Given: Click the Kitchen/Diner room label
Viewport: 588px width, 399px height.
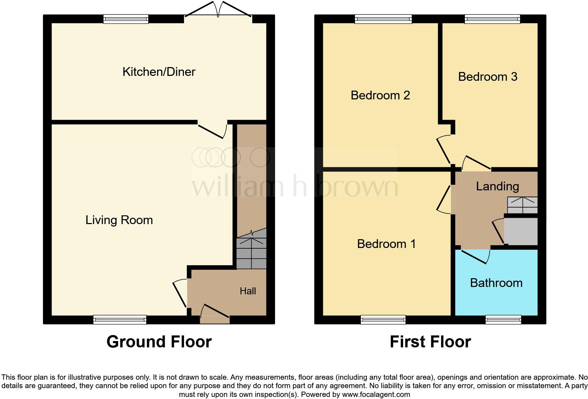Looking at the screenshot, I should click(x=159, y=72).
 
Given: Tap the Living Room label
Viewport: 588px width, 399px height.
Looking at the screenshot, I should click(x=119, y=220).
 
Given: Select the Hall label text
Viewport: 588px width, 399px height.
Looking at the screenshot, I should click(x=248, y=291).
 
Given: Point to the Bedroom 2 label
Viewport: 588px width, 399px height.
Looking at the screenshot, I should click(x=380, y=95).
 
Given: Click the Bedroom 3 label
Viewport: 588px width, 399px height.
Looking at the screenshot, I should click(x=487, y=77).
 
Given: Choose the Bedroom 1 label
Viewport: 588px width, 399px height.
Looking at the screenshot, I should click(x=386, y=244).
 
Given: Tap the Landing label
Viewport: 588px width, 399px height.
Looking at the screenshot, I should click(x=497, y=186).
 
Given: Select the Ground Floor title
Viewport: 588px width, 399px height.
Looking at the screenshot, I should click(x=159, y=342).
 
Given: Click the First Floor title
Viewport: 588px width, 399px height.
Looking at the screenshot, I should click(x=430, y=342).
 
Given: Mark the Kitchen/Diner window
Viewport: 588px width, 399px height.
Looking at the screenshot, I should click(x=126, y=19).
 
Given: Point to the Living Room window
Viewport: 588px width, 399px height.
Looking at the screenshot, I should click(x=120, y=319).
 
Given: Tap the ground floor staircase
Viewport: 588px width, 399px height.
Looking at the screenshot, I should click(x=251, y=251).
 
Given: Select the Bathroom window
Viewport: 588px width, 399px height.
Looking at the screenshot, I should click(x=503, y=319).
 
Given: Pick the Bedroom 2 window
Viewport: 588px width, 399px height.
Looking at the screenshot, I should click(x=383, y=19).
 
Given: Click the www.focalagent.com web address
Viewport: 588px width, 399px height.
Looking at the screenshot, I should click(x=376, y=394).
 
